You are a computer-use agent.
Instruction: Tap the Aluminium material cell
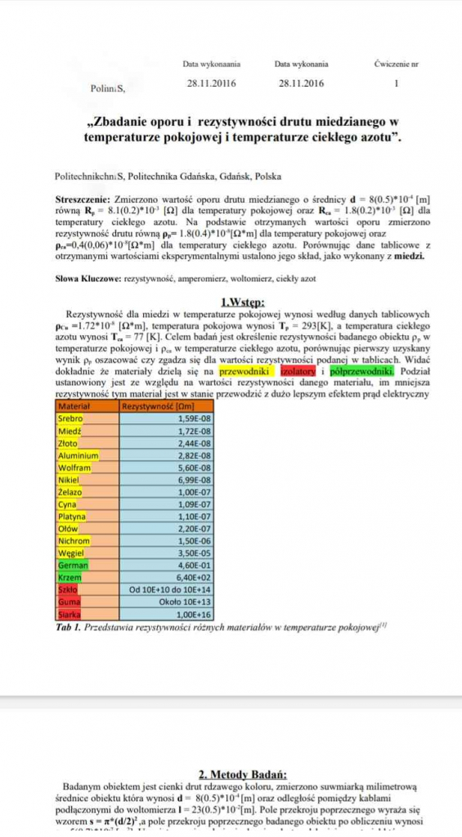point(78,455)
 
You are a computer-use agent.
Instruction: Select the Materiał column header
point(74,405)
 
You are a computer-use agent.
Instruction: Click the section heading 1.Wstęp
point(231,301)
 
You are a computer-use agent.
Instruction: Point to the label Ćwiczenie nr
point(397,64)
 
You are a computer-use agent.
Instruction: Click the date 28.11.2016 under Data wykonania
point(302,83)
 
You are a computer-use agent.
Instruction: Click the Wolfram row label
point(74,468)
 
